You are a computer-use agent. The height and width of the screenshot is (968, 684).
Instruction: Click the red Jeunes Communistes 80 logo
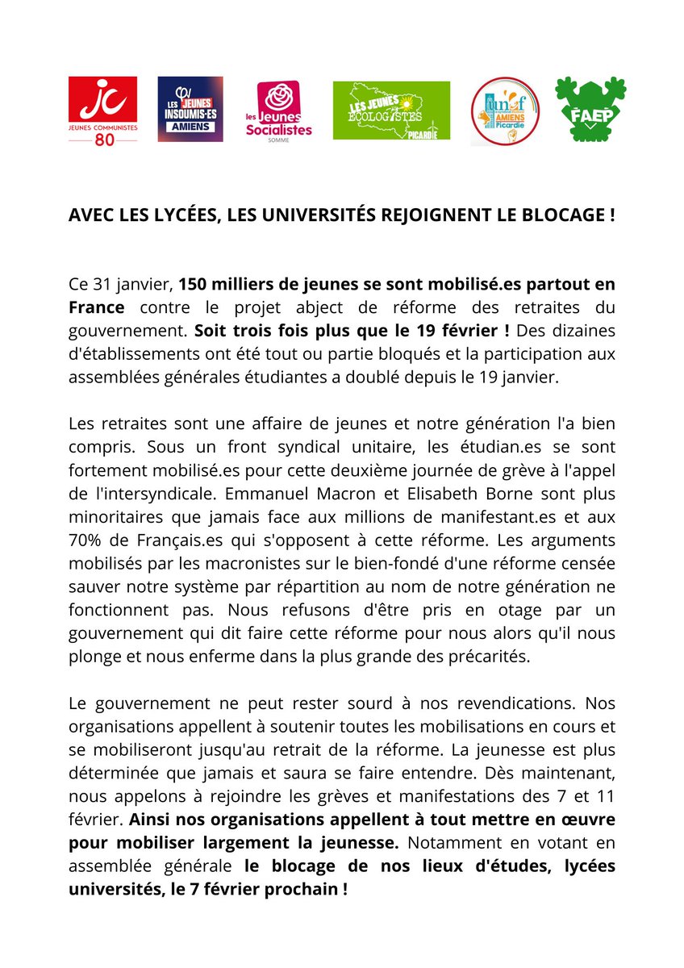(102, 111)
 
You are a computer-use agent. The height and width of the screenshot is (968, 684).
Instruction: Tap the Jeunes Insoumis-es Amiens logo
(190, 110)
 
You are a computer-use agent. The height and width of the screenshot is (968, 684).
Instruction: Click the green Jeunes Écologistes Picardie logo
(391, 111)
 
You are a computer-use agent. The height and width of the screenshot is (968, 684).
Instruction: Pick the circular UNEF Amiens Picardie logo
(505, 111)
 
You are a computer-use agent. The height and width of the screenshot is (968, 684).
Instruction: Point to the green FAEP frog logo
(590, 110)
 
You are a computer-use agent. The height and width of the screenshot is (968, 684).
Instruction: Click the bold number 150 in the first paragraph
(192, 286)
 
